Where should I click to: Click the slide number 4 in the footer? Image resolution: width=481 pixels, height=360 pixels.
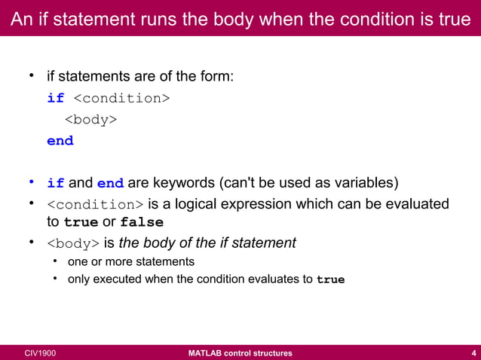point(472,352)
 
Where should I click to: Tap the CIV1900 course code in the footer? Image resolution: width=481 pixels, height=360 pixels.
point(39,352)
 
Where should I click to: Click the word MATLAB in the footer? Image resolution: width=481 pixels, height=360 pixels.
point(207,352)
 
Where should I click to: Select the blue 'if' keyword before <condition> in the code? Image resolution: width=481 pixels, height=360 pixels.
point(56,98)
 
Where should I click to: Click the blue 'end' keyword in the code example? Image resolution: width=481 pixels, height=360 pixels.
point(60,141)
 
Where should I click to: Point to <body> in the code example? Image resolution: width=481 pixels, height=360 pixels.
point(90,119)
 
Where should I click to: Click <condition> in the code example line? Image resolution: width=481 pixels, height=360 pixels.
point(121,98)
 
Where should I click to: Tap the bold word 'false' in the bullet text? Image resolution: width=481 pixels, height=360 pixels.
point(142,223)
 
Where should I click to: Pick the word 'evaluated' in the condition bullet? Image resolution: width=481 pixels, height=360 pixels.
point(417,204)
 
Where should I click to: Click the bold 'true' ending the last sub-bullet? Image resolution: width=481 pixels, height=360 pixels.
point(330,280)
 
